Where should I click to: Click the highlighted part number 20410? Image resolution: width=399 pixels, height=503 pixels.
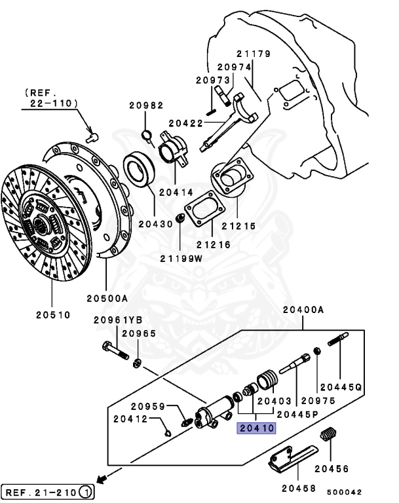pos(257,429)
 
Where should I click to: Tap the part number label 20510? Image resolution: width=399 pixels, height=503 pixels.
pos(52,314)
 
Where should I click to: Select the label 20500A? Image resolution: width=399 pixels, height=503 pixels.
pos(107,298)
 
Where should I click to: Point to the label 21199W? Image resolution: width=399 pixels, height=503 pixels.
pos(181,258)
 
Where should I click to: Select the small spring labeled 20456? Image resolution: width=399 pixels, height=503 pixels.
pos(330,436)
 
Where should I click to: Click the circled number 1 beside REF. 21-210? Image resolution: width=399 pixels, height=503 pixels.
pos(86,491)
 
